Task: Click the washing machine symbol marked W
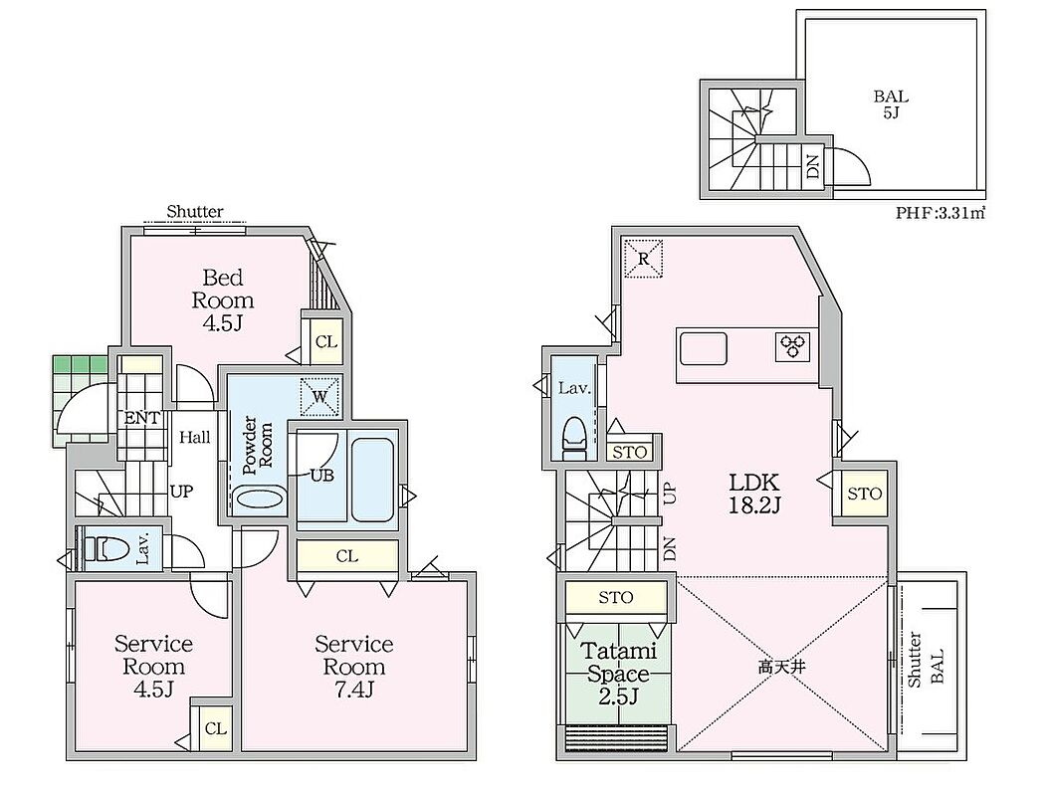[x=319, y=397]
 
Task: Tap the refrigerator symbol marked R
[x=644, y=257]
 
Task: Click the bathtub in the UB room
[x=371, y=479]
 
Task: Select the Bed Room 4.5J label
[x=222, y=299]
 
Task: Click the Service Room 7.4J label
[x=354, y=667]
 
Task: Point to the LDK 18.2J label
[x=754, y=493]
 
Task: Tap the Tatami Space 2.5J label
[x=618, y=674]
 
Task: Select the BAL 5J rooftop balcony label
[x=891, y=104]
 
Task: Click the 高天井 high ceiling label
[x=781, y=666]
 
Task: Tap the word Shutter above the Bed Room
[x=195, y=212]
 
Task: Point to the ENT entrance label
[x=141, y=419]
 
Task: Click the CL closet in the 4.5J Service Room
[x=216, y=728]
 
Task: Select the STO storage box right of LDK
[x=865, y=494]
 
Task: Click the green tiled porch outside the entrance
[x=81, y=401]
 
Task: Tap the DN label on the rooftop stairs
[x=813, y=163]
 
